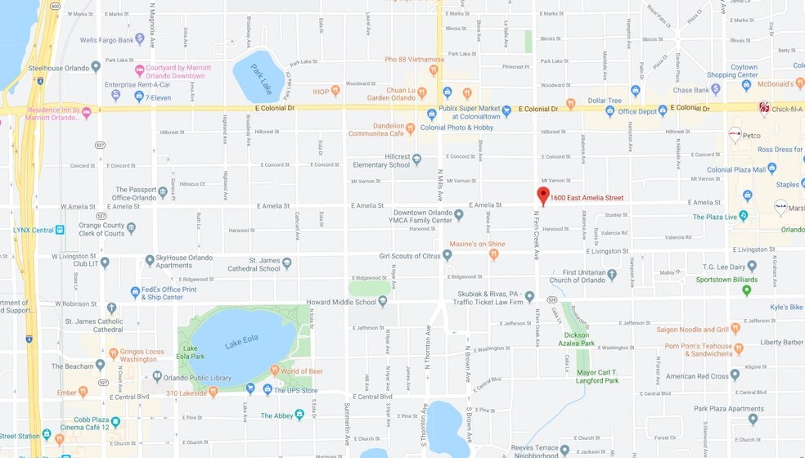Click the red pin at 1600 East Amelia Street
tap(543, 195)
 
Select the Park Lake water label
tap(262, 73)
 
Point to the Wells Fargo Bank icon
tap(140, 38)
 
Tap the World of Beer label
tap(302, 371)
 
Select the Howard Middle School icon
tap(383, 302)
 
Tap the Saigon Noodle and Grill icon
tap(735, 329)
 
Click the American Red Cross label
tap(696, 377)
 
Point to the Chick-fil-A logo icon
tap(764, 107)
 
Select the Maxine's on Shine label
tap(477, 244)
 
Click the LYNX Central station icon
tap(60, 230)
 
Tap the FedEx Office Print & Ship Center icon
tap(135, 292)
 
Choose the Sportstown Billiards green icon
tap(747, 290)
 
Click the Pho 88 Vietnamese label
tap(414, 59)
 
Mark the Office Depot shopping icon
tap(610, 111)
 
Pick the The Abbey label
tap(277, 415)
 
